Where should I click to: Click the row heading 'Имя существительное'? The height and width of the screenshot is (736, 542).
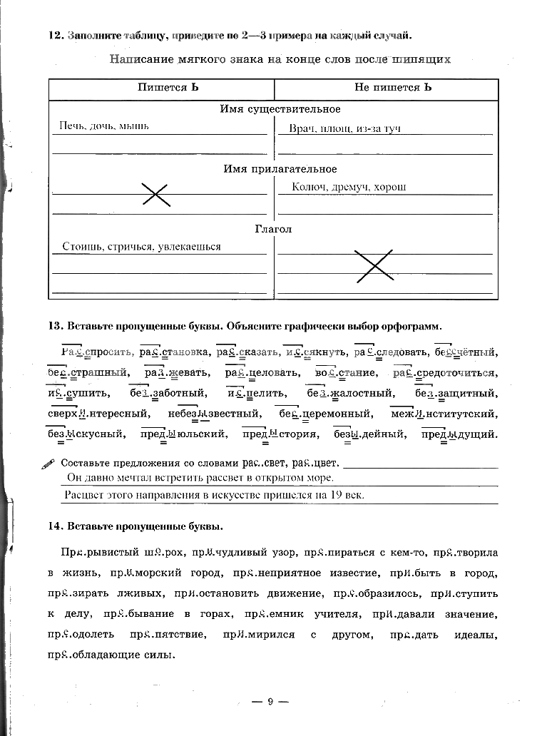tap(280, 109)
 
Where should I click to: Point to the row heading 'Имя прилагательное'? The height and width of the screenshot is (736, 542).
tap(280, 169)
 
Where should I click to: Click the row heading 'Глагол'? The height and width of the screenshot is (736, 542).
tap(274, 229)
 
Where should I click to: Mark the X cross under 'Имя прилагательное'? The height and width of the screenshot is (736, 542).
tap(155, 194)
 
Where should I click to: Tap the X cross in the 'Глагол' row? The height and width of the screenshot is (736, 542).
tap(374, 265)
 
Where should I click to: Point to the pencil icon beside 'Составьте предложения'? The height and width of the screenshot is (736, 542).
tap(48, 463)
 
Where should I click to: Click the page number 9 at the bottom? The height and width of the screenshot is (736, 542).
tap(270, 702)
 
